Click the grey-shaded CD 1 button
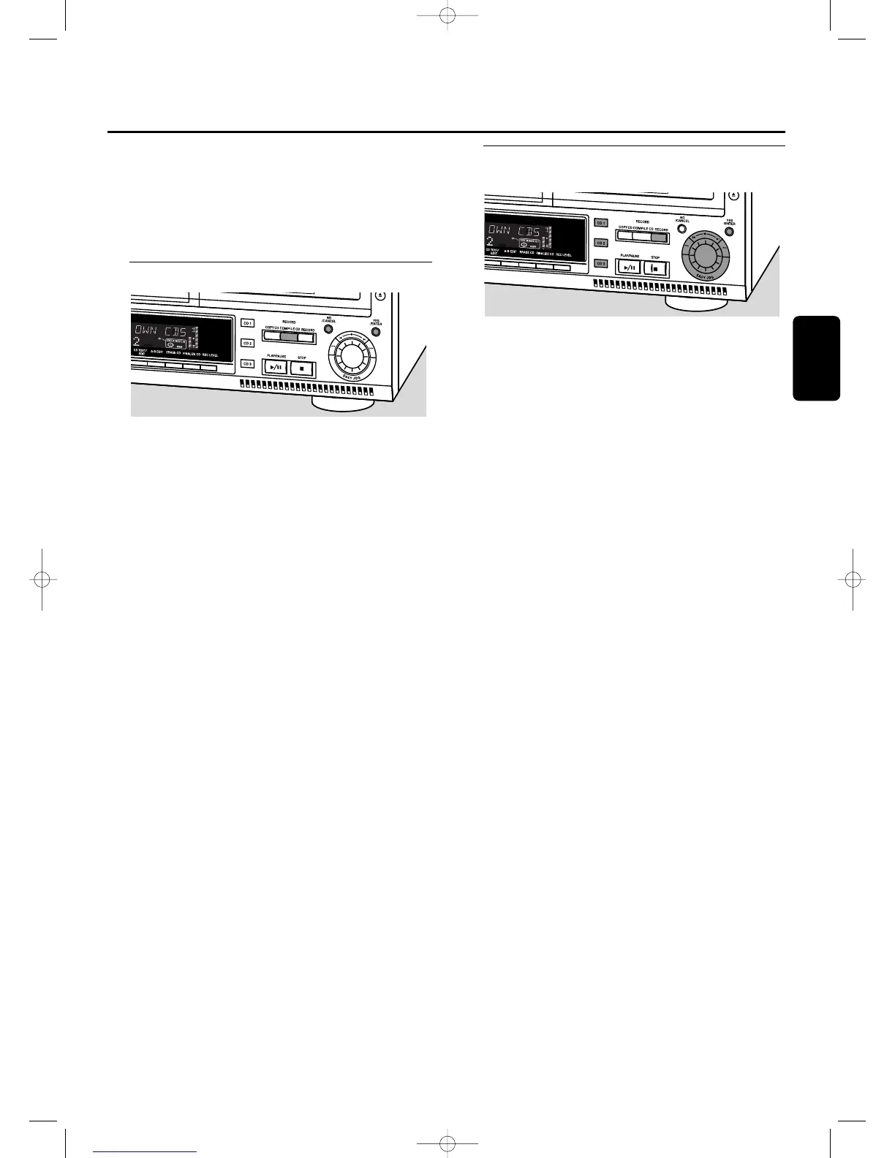pos(600,222)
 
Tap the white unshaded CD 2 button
pos(247,344)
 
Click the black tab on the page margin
pos(816,358)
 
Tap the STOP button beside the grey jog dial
pos(655,268)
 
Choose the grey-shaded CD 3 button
pos(600,263)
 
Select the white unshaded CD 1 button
pos(247,323)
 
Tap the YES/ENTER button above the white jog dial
pos(376,331)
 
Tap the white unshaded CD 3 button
pos(247,364)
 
